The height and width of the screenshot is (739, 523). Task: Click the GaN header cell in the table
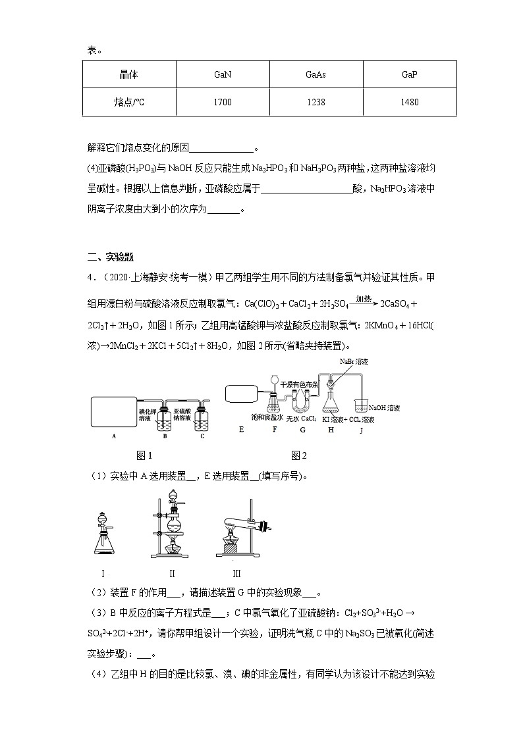click(223, 74)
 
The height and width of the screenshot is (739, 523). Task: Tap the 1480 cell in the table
click(410, 103)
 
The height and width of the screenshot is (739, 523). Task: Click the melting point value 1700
click(223, 103)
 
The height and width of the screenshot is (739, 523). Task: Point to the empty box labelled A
click(114, 411)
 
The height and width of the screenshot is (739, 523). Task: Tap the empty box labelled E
click(244, 394)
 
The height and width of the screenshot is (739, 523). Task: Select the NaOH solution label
click(385, 408)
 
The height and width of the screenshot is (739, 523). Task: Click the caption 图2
click(299, 455)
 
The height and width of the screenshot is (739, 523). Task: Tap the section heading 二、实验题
click(111, 257)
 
